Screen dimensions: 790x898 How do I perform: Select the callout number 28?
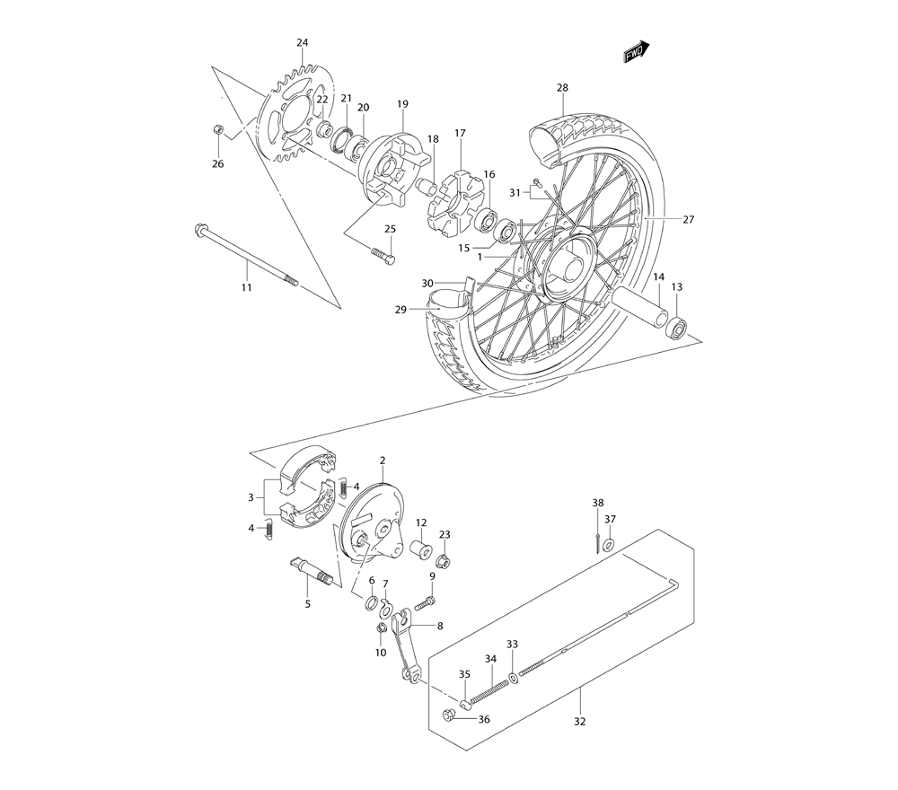tap(562, 88)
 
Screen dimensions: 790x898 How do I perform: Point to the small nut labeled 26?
tap(216, 131)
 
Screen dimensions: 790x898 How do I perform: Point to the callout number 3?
tap(251, 496)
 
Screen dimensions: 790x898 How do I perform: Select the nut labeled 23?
tap(444, 563)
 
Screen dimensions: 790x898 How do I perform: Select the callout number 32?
tap(579, 721)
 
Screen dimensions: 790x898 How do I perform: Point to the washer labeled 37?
tap(609, 545)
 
